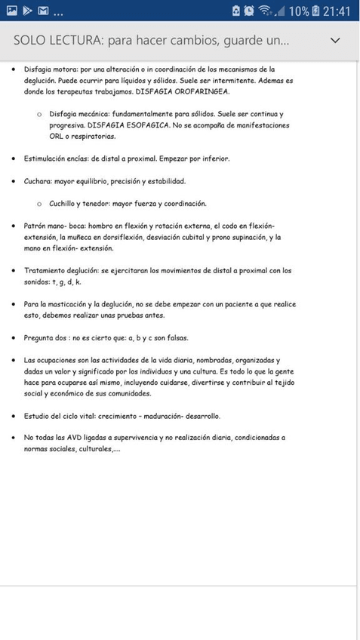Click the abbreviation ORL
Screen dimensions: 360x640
pos(57,137)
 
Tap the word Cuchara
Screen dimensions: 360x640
pos(37,181)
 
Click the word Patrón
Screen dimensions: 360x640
pos(35,226)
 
